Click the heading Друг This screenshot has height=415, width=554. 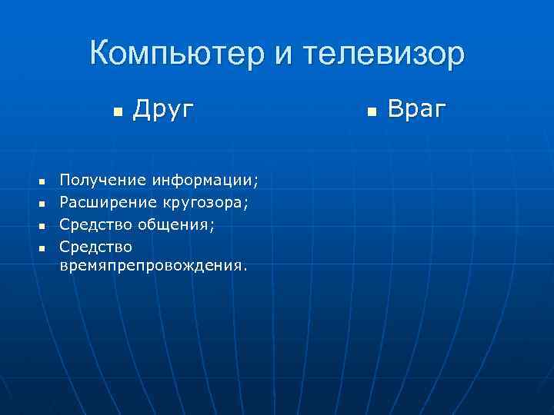pos(163,110)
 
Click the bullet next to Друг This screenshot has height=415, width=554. pos(117,112)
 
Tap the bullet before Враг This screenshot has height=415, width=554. pos(371,112)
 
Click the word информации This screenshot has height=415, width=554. pos(203,181)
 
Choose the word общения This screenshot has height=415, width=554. pos(173,224)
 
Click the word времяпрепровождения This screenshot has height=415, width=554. pos(153,267)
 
